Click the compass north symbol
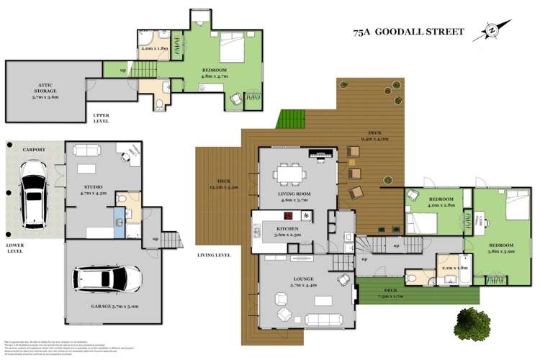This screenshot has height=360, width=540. (492, 30)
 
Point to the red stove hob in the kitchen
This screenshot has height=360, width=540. (289, 216)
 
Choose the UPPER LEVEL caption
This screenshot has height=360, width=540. (100, 119)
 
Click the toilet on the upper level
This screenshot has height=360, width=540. (158, 105)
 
